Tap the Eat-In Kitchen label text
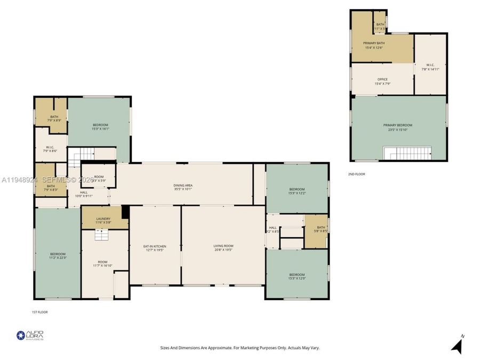click(155, 248)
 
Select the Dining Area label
click(182, 187)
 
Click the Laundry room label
click(103, 220)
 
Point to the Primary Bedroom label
click(397, 127)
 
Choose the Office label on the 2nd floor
click(382, 81)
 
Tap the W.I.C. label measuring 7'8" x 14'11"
click(430, 67)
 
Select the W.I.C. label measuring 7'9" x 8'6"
click(50, 149)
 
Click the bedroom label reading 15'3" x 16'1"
click(100, 126)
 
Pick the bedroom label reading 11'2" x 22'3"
click(58, 255)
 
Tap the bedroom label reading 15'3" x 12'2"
click(297, 191)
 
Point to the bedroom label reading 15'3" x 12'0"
click(297, 276)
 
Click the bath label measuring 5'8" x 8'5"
click(320, 229)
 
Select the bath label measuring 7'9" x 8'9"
click(54, 118)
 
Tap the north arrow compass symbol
click(457, 345)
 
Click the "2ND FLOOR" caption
click(357, 174)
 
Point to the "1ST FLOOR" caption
click(39, 312)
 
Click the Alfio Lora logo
click(30, 335)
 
